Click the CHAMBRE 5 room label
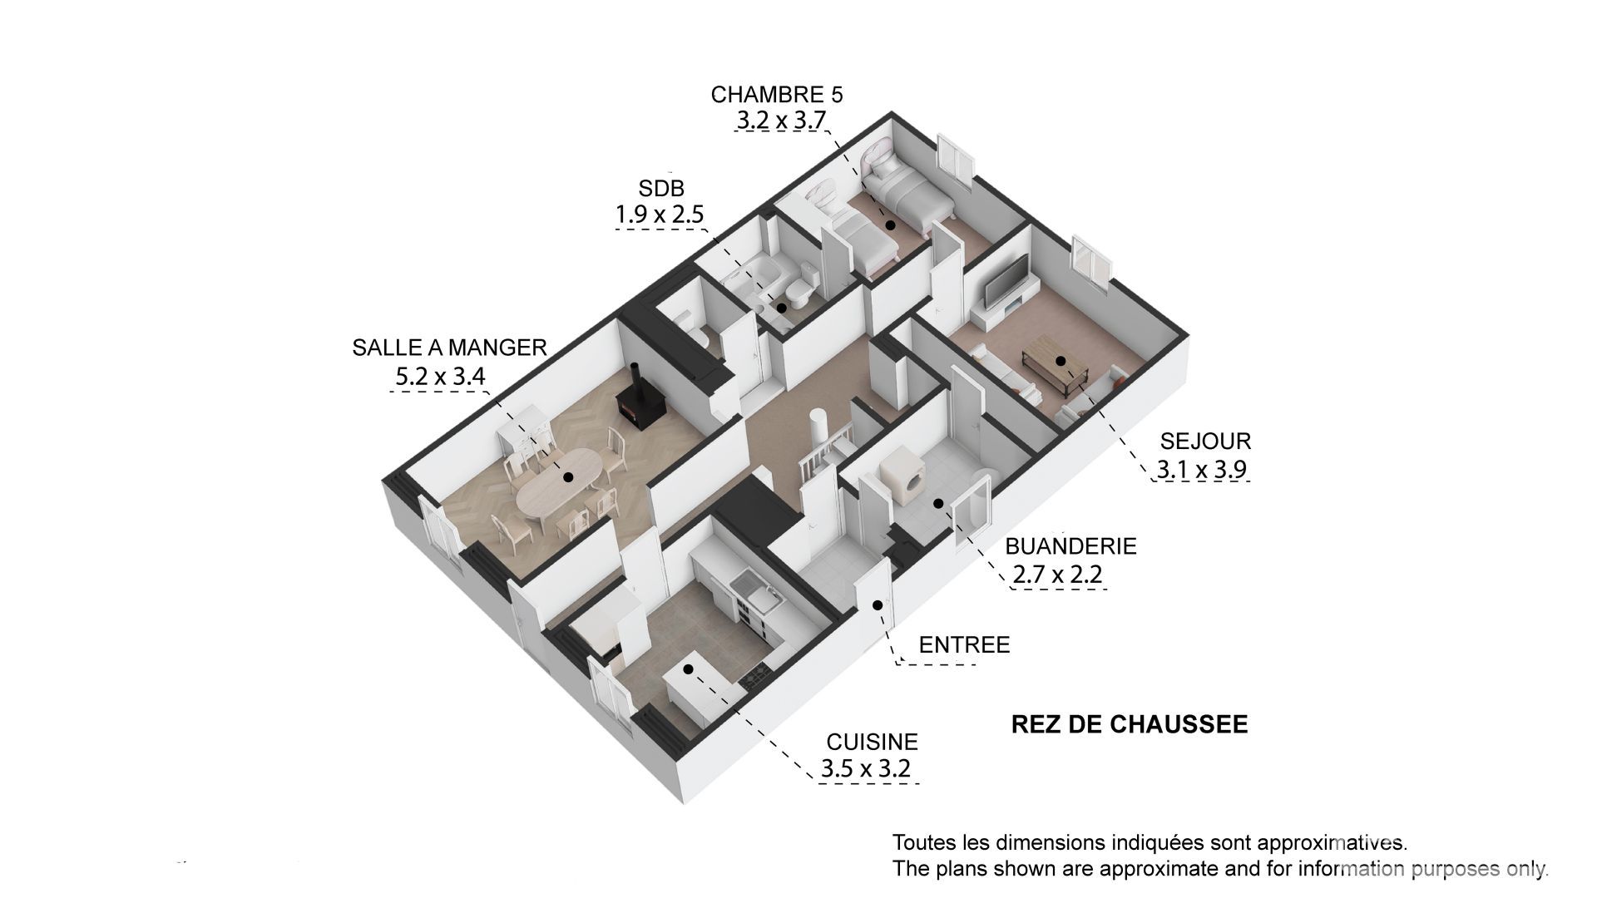(777, 94)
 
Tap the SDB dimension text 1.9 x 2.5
(660, 215)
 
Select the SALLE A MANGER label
(449, 348)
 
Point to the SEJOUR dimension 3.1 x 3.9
(1202, 471)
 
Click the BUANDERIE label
(1070, 546)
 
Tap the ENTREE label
(964, 644)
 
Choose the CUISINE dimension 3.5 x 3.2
(866, 769)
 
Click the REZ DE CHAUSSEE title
(1130, 724)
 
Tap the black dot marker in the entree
(877, 604)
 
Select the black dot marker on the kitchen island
(688, 669)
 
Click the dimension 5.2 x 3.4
(440, 377)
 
